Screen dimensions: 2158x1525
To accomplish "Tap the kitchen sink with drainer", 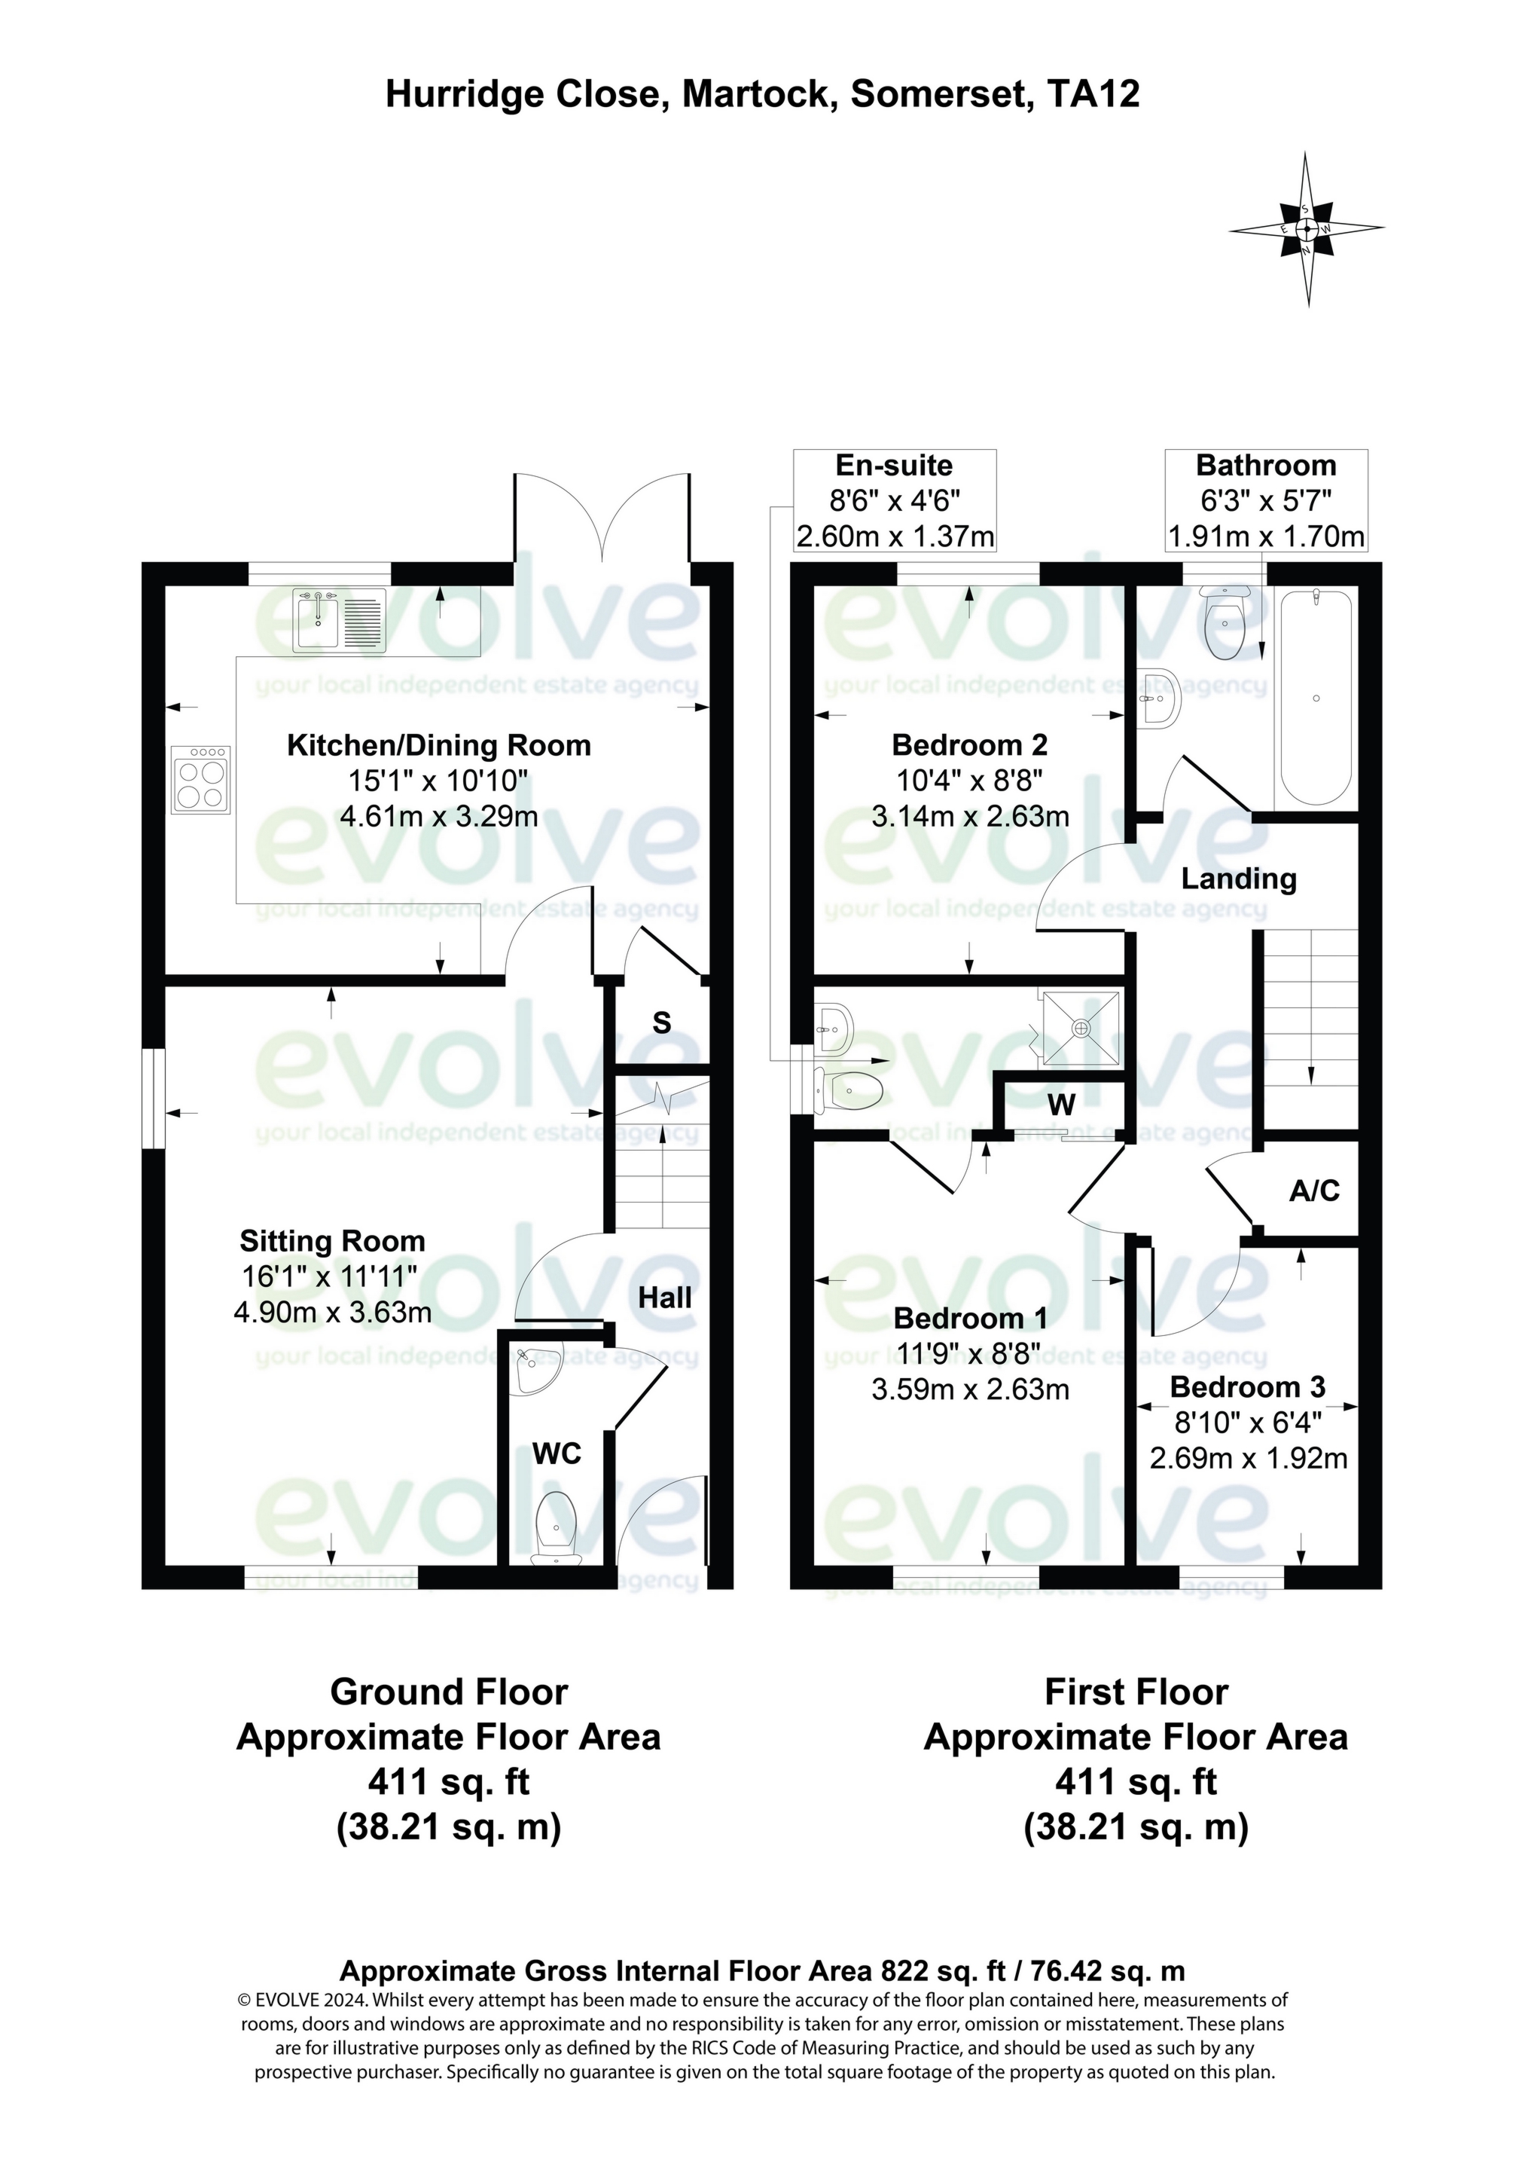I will pos(338,620).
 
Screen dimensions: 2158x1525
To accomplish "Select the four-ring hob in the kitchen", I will pos(201,779).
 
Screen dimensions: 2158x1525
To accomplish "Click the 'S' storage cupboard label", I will pos(661,1022).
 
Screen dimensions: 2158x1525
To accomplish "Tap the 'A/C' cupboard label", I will pos(1313,1192).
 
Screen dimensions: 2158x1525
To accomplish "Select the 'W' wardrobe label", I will pos(1061,1105).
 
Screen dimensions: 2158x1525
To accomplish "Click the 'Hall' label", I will pos(664,1298).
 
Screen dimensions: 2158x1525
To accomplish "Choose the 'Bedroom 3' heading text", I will pos(1247,1387).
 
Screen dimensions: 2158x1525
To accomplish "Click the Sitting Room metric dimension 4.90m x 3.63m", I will pos(333,1312).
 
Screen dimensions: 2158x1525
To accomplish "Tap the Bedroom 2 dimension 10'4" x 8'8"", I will pos(970,780).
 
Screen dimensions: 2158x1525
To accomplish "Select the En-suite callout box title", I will pos(894,465).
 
